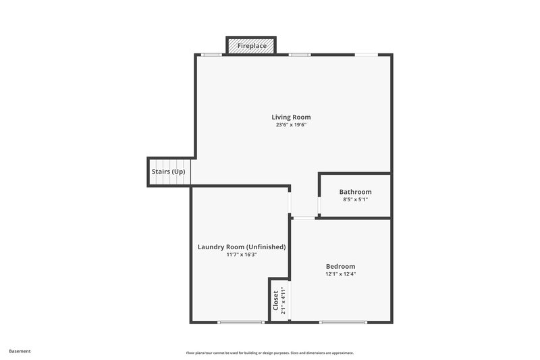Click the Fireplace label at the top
[x=251, y=46]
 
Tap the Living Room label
[x=291, y=117]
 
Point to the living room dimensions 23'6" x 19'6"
[x=291, y=125]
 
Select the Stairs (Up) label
[x=168, y=172]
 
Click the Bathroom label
[x=355, y=192]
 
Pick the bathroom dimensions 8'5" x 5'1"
[x=355, y=200]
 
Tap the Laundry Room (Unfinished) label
[x=242, y=247]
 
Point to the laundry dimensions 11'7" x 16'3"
[x=242, y=255]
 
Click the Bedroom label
[x=340, y=266]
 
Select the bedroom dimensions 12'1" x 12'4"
[x=340, y=274]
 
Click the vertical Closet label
[x=275, y=301]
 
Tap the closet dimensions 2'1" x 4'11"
[x=283, y=301]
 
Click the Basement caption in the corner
[x=20, y=351]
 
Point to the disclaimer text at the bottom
[x=270, y=353]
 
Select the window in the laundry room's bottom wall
[x=241, y=322]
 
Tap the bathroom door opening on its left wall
[x=319, y=205]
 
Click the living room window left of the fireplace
[x=211, y=55]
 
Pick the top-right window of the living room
[x=367, y=55]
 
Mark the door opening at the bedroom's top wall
[x=304, y=217]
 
